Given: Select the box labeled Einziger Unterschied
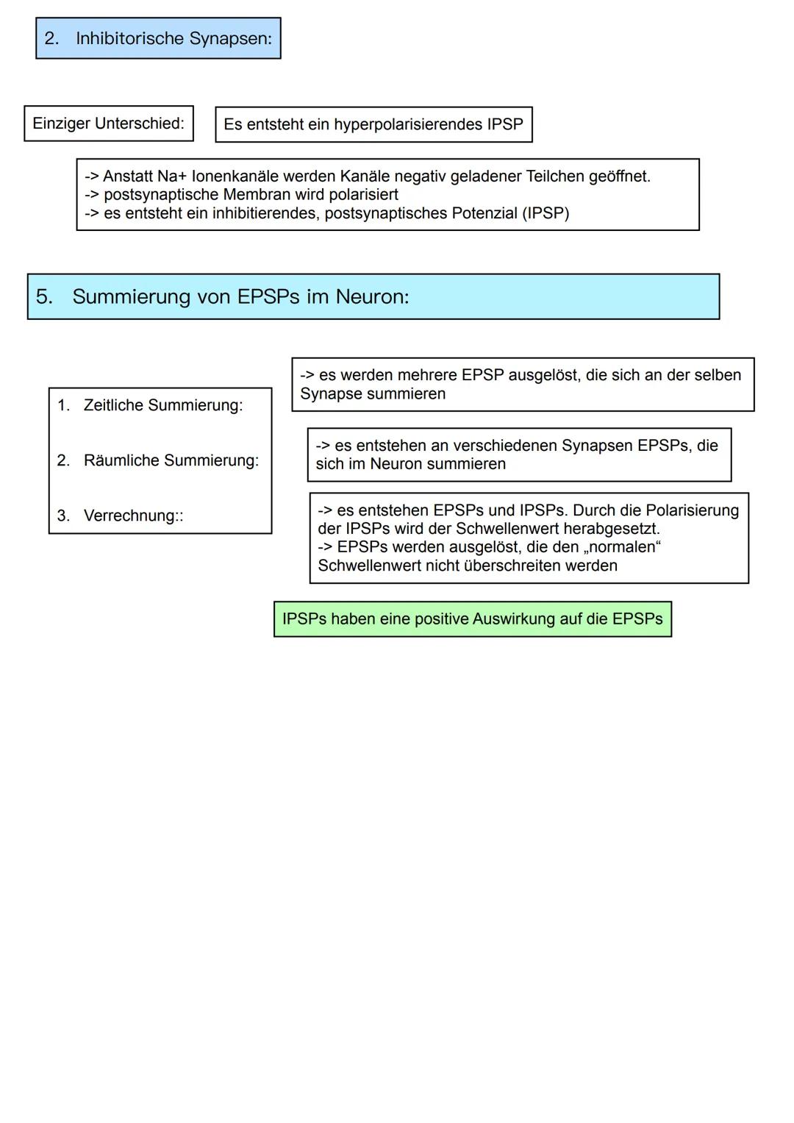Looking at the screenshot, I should coord(109,124).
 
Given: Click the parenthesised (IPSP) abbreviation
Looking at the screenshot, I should coord(546,213).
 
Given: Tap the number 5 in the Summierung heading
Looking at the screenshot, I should coord(43,297).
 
